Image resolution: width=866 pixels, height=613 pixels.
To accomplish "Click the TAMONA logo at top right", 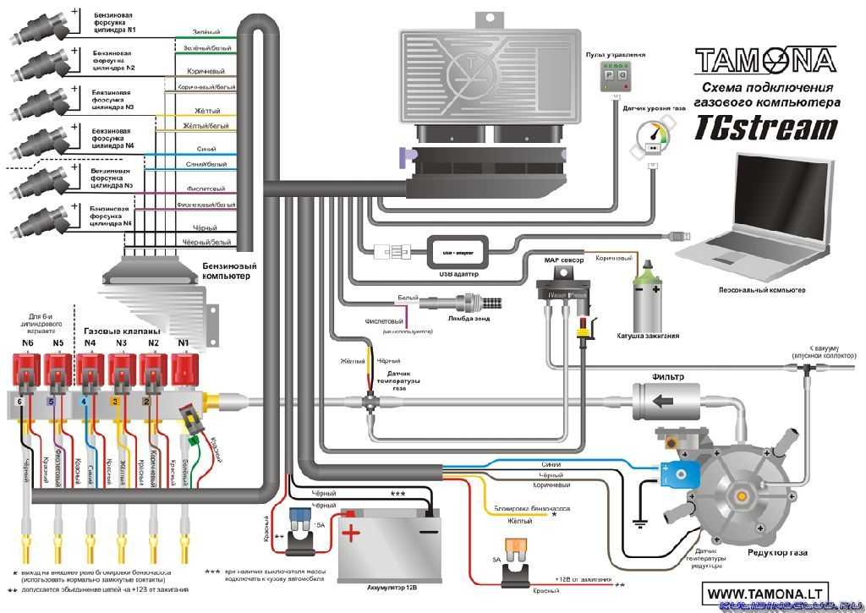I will [x=765, y=60].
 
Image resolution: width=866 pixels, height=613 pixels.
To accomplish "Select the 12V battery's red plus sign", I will [x=350, y=533].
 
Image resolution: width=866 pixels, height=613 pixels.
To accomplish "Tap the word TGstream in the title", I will [x=766, y=128].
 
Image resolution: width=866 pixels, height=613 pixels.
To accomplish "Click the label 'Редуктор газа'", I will [x=777, y=553].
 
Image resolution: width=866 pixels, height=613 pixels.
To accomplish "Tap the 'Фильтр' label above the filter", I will [x=667, y=376].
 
